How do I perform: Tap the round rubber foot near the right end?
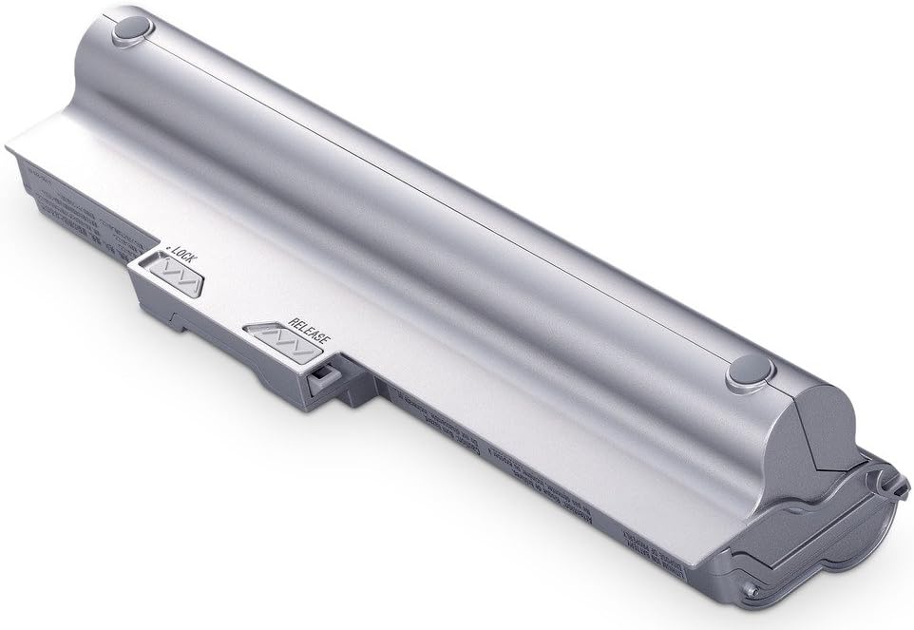click(x=747, y=372)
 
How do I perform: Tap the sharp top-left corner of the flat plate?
click(x=8, y=145)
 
